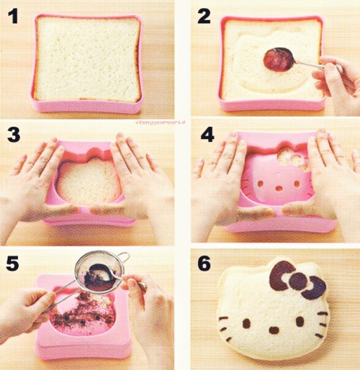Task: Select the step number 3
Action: coord(13,136)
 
